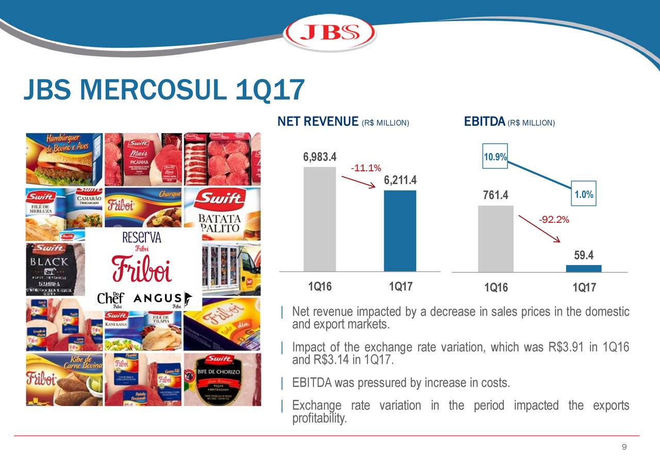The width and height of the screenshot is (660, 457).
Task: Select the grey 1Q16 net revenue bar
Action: click(320, 219)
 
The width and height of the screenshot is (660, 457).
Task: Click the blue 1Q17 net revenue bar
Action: click(400, 231)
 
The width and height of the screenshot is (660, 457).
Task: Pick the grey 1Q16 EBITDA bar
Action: click(496, 238)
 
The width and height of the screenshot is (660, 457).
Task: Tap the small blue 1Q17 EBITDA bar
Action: click(584, 268)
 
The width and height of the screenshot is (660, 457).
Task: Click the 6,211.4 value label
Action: click(400, 181)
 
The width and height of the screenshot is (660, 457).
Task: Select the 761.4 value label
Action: click(496, 195)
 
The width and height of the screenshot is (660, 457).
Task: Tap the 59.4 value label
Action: click(583, 255)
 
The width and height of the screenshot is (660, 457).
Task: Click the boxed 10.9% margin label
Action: click(495, 157)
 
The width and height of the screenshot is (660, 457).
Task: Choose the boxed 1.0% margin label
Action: click(584, 194)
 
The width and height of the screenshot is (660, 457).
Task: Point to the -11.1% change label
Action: click(366, 168)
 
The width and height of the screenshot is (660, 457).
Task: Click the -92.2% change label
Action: click(554, 220)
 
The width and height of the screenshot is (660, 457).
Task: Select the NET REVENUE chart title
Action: click(318, 122)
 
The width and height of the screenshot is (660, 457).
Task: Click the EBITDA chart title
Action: click(484, 122)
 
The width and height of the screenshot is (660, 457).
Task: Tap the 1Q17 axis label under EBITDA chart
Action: click(584, 288)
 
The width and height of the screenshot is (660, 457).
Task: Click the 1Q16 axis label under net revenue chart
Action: click(320, 286)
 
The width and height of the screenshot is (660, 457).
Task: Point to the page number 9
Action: click(624, 447)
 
